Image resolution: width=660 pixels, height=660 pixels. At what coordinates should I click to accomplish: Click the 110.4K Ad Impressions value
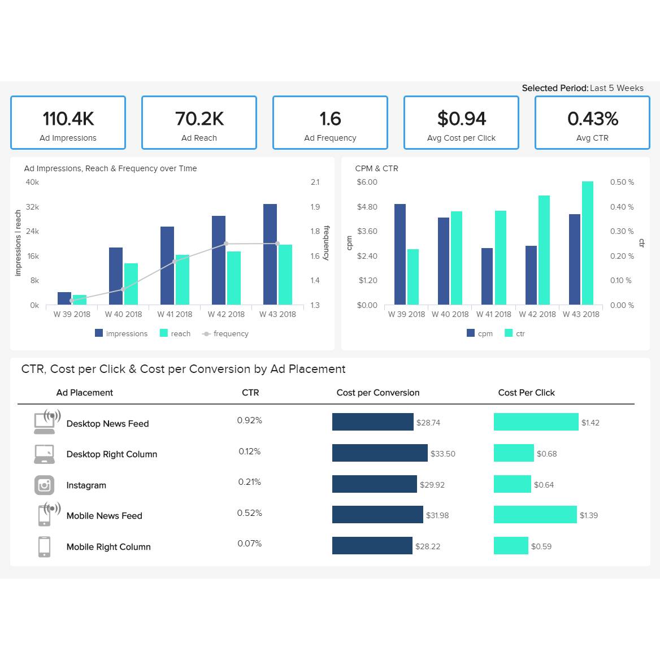point(68,119)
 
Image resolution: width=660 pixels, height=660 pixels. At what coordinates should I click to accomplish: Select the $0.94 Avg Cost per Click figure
point(462,119)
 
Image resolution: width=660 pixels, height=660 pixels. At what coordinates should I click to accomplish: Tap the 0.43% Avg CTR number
point(593,119)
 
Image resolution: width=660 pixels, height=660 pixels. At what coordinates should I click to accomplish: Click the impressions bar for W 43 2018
point(270,254)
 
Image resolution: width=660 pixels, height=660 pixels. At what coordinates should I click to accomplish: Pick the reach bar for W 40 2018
point(131,284)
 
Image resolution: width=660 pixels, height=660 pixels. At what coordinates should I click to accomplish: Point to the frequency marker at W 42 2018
point(226,244)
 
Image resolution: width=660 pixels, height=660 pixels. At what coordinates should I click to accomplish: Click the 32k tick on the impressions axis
point(32,207)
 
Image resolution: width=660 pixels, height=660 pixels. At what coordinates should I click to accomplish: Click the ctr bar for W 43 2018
point(588,243)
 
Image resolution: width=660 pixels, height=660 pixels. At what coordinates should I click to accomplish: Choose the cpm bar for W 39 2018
point(400,254)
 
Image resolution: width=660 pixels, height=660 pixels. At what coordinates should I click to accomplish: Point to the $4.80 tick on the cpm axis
point(367,207)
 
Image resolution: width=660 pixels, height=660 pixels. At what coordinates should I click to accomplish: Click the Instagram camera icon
point(45,485)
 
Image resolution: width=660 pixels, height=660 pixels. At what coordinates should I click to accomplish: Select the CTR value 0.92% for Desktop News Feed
point(249,420)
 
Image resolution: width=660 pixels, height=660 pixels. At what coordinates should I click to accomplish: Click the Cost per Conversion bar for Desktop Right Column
point(380,453)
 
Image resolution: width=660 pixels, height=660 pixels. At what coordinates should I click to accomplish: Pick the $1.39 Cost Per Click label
point(589,515)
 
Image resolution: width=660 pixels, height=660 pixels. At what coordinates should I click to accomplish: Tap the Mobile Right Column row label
point(108,547)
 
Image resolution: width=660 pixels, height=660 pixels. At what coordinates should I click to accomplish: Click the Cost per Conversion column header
point(378,393)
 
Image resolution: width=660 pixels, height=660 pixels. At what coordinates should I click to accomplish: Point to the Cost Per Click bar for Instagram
point(513,484)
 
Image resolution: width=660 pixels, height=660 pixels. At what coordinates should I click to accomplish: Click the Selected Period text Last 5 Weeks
point(616,88)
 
